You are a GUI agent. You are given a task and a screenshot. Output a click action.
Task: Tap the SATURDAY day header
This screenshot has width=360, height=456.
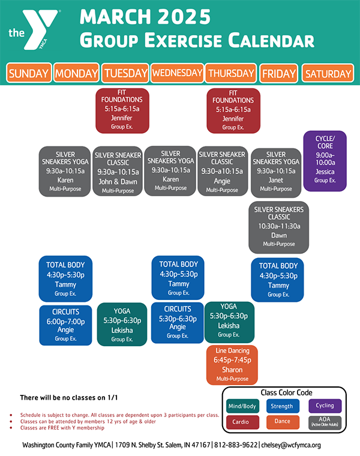[x=328, y=73]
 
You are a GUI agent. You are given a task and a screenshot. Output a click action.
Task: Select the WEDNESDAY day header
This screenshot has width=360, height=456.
[x=177, y=73]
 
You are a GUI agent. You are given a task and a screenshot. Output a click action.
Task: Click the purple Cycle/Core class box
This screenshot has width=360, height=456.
[x=325, y=161]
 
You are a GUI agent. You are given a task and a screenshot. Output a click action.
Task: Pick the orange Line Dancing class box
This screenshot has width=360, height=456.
[x=232, y=365]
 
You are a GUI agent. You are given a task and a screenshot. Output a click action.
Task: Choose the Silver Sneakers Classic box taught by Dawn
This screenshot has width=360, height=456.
[x=278, y=227]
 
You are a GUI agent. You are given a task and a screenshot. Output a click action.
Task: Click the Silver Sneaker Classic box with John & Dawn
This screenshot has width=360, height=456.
[x=118, y=171]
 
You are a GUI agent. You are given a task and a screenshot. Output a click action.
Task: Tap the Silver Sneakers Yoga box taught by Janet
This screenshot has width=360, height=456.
[x=275, y=172]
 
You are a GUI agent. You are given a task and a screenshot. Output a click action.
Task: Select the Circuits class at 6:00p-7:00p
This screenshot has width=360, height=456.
[x=65, y=325]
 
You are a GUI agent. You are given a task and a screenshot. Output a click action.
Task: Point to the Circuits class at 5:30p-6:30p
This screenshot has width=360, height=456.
[x=178, y=323]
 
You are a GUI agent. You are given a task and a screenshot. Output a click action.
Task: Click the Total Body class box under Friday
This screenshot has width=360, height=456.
[x=277, y=280]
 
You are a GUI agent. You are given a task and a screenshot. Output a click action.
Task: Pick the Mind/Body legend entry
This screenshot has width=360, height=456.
[x=242, y=406]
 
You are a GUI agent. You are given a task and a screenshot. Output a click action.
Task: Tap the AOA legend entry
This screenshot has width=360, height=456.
[x=325, y=422]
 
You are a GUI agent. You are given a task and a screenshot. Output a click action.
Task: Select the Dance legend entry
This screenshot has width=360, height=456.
[x=283, y=422]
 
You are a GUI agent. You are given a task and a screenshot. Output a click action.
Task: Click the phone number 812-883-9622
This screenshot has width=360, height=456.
[x=236, y=445]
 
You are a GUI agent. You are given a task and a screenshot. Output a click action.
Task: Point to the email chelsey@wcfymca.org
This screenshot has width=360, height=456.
[x=291, y=445]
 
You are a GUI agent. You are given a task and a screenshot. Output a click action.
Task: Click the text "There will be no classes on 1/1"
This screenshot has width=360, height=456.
[x=69, y=398]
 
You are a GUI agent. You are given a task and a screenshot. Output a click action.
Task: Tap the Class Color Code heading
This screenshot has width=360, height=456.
[x=286, y=392]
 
